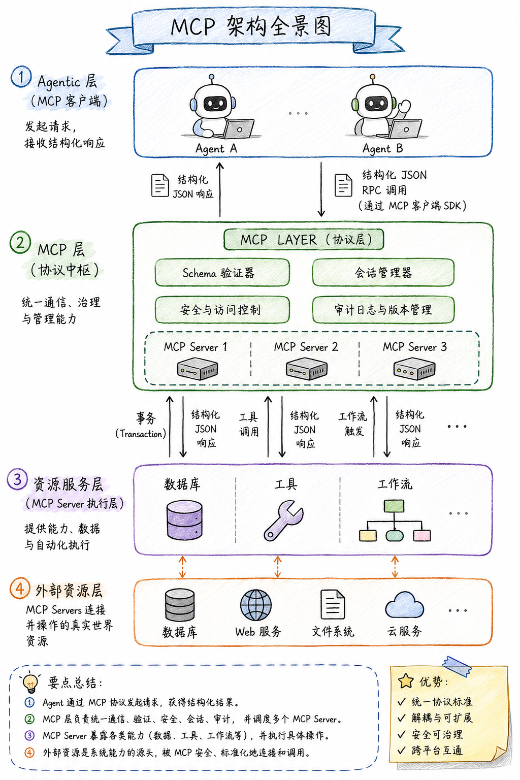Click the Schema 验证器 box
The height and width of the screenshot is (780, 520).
(x=222, y=273)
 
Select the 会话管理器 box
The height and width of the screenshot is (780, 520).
(x=383, y=272)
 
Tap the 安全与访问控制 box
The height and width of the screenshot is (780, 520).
(x=222, y=310)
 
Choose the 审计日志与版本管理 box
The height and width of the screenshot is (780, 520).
(x=383, y=310)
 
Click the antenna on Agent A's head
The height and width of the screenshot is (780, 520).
(x=211, y=79)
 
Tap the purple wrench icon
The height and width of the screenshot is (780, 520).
(x=283, y=521)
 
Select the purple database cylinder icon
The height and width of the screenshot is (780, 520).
(x=184, y=520)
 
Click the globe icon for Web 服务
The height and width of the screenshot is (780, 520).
(x=256, y=605)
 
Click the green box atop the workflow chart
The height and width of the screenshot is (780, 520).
(x=394, y=506)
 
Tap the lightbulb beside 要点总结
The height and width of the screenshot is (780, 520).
(x=30, y=683)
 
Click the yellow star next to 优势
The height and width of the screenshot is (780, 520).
(x=406, y=681)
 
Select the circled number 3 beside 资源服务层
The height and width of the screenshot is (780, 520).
(x=17, y=479)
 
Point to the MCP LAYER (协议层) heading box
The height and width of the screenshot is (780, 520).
(x=304, y=240)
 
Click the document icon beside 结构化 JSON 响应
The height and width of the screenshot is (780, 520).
(x=160, y=185)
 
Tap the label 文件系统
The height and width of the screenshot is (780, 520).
(x=333, y=631)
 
